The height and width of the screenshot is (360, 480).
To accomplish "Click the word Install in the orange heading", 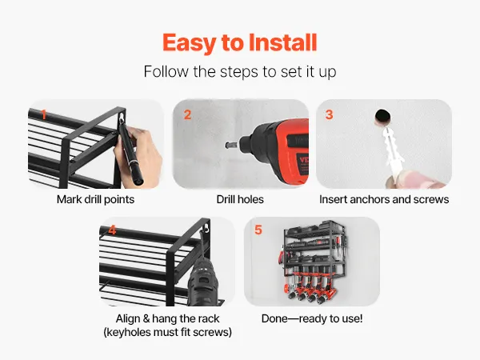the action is tap(282, 42).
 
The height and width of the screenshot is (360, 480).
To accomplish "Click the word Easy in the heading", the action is tap(189, 43).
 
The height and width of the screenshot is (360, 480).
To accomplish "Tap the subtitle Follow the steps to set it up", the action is tap(240, 72).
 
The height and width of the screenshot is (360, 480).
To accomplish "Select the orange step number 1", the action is tap(44, 114).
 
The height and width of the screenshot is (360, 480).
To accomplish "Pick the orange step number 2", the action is tap(187, 114).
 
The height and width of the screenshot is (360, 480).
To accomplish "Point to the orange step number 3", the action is tap(329, 114).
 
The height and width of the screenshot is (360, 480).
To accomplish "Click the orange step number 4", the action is tap(112, 230).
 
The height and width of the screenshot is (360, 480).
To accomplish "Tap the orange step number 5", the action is tap(258, 230).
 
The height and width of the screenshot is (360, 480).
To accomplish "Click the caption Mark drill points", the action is tap(95, 199).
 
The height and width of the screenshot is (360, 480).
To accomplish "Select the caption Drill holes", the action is tap(240, 199).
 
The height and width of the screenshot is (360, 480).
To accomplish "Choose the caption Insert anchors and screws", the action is tap(384, 199).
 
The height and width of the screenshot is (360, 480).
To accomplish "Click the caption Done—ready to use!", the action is tap(312, 318).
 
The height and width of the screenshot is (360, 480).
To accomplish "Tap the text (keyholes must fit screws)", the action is tap(167, 332).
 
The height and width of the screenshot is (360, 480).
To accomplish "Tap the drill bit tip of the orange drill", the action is tap(228, 145).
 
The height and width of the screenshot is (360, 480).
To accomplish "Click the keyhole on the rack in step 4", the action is tap(207, 228).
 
